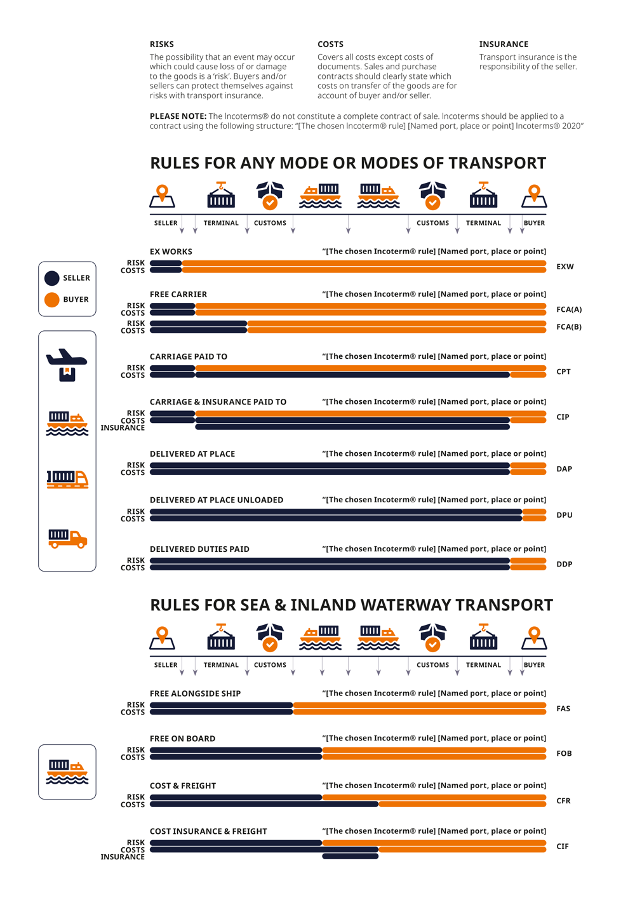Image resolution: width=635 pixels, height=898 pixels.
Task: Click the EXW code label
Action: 565,267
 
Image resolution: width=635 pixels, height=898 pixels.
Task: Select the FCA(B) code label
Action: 569,326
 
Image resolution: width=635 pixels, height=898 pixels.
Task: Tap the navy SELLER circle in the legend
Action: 51,278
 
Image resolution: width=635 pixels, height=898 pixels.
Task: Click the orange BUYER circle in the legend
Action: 51,300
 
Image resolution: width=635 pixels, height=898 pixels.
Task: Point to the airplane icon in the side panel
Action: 67,365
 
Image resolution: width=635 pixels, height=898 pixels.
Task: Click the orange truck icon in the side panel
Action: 68,539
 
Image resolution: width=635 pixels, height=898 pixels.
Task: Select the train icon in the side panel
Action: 68,479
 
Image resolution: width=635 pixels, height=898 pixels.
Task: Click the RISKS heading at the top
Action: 162,44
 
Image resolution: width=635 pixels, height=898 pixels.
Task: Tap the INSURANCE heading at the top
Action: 504,44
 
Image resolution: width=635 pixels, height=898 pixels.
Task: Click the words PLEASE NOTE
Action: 178,116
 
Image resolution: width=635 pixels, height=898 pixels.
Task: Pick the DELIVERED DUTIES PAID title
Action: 199,549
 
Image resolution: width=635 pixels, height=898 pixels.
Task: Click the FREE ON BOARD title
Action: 182,739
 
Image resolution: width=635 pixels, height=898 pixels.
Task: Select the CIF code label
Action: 563,847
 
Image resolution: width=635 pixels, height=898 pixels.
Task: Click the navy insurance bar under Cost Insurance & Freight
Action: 351,856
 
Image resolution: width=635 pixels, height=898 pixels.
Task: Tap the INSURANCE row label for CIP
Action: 123,428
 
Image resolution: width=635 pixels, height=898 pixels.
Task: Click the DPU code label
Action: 565,515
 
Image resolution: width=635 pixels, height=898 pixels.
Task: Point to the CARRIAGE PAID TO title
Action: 189,356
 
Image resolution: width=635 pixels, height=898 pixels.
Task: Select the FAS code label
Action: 563,708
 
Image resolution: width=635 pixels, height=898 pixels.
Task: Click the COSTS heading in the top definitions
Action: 330,44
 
